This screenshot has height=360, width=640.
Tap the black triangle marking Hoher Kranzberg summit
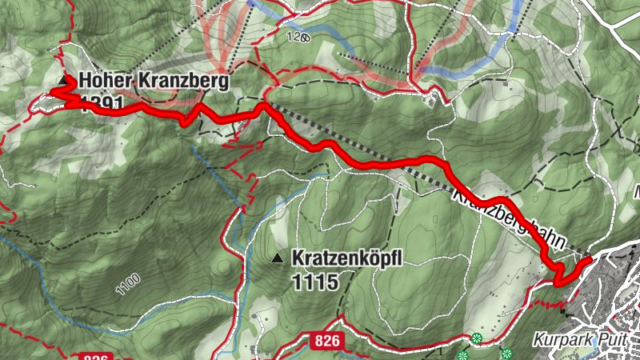click(65, 81)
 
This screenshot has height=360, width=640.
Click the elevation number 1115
click(312, 281)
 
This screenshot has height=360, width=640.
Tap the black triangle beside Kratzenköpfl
click(277, 258)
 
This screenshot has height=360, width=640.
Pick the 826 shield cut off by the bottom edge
click(95, 356)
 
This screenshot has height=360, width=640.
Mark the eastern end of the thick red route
click(590, 259)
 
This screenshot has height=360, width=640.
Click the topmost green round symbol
click(477, 338)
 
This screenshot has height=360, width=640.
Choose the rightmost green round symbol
click(506, 353)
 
